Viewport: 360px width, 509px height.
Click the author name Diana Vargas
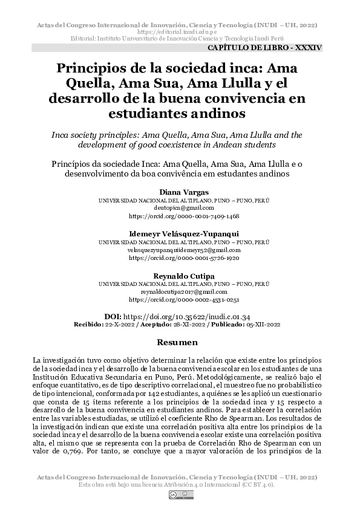pyautogui.click(x=180, y=192)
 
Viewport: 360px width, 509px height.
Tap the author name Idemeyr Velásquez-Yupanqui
pyautogui.click(x=180, y=233)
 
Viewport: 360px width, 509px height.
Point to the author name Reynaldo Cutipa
pyautogui.click(x=180, y=276)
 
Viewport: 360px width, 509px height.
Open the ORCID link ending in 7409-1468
pyautogui.click(x=180, y=215)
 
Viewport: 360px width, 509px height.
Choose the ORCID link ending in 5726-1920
pyautogui.click(x=180, y=257)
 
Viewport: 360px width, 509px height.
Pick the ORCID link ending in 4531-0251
pyautogui.click(x=180, y=299)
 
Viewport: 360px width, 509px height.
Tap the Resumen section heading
pyautogui.click(x=180, y=343)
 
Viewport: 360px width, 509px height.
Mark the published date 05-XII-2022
pyautogui.click(x=264, y=324)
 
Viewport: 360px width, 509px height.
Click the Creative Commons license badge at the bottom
pyautogui.click(x=180, y=495)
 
